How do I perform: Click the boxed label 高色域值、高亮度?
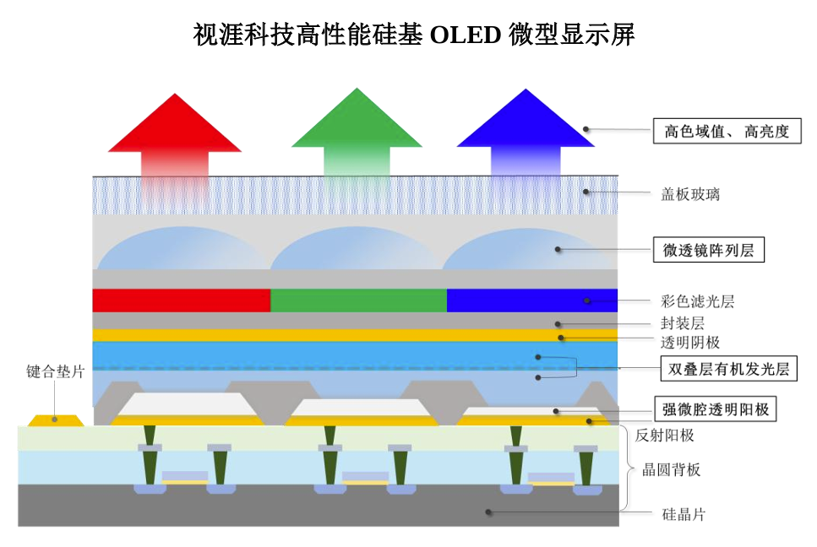[x=727, y=131]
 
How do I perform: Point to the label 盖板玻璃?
[x=690, y=194]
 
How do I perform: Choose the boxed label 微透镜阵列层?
[x=708, y=250]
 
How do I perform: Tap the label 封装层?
[x=682, y=323]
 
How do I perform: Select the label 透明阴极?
[x=690, y=342]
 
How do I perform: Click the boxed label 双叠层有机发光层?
[x=727, y=369]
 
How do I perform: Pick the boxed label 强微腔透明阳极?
[x=715, y=409]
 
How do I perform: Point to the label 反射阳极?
[x=664, y=436]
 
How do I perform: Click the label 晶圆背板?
[x=672, y=470]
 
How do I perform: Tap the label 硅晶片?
[x=683, y=513]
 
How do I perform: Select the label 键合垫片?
[x=56, y=371]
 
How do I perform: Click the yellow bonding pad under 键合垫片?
[x=56, y=420]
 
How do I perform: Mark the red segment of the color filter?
[x=181, y=301]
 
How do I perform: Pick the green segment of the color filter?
[x=358, y=301]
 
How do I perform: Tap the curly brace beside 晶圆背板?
[x=629, y=469]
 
